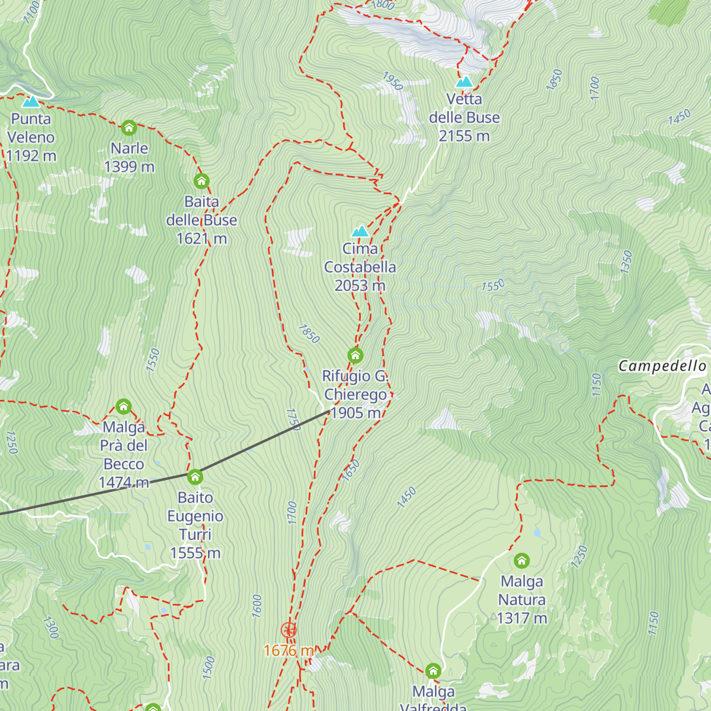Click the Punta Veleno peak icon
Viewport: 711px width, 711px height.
[30, 101]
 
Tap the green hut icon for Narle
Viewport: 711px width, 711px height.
[129, 127]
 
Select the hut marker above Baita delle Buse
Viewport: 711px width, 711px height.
[201, 181]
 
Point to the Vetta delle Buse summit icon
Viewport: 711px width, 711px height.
[465, 82]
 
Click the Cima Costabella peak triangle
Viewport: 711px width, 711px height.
[360, 231]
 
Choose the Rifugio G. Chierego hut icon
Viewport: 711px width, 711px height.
[355, 355]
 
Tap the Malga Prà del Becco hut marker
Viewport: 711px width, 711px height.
[123, 406]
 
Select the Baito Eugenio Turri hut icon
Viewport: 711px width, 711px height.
[195, 477]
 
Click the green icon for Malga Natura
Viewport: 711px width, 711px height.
[521, 561]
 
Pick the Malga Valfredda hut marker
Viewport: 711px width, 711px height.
[433, 671]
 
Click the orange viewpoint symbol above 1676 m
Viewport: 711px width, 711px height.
[289, 630]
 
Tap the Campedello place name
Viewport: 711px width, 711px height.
[662, 366]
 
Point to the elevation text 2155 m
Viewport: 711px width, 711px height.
[465, 136]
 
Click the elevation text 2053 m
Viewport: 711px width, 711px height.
[360, 286]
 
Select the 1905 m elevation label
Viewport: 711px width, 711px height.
[355, 413]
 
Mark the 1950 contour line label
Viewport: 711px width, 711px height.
[392, 81]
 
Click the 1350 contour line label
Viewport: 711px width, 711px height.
[626, 262]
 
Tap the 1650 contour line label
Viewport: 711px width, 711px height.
[351, 470]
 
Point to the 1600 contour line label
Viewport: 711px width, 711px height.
[257, 606]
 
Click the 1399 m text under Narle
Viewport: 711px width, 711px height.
[129, 167]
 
